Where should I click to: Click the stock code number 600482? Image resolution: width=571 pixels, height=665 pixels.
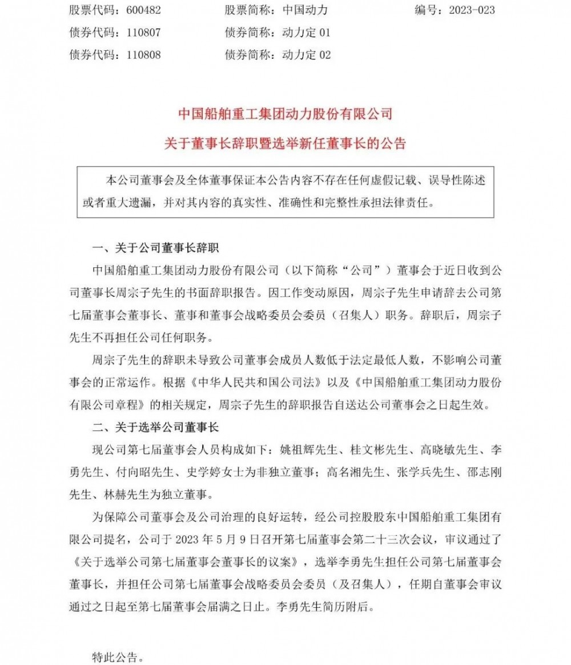click(139, 10)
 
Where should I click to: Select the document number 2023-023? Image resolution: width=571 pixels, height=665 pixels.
click(468, 10)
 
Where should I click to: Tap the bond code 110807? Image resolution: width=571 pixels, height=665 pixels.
click(139, 33)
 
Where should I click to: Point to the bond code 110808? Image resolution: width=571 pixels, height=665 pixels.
click(139, 55)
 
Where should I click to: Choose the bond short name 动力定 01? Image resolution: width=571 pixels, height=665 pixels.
click(307, 33)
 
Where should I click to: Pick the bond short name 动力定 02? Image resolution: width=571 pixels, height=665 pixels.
click(307, 55)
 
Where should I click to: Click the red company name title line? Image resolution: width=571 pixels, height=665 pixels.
click(285, 114)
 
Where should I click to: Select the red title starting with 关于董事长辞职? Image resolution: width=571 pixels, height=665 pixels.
click(285, 143)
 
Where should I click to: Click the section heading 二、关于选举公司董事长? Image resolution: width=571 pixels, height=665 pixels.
click(159, 427)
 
